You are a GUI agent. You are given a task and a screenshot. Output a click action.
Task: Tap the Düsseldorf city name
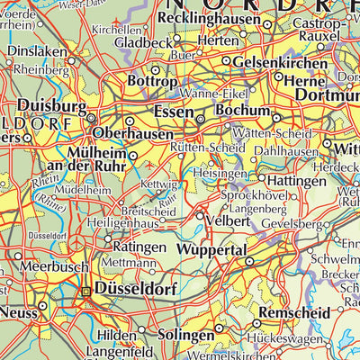[x=138, y=289]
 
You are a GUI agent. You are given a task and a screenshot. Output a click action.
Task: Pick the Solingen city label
[x=188, y=334]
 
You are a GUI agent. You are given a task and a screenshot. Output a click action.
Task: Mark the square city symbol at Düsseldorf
[x=86, y=292]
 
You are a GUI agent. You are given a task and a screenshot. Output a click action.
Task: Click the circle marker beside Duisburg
[x=92, y=116]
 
